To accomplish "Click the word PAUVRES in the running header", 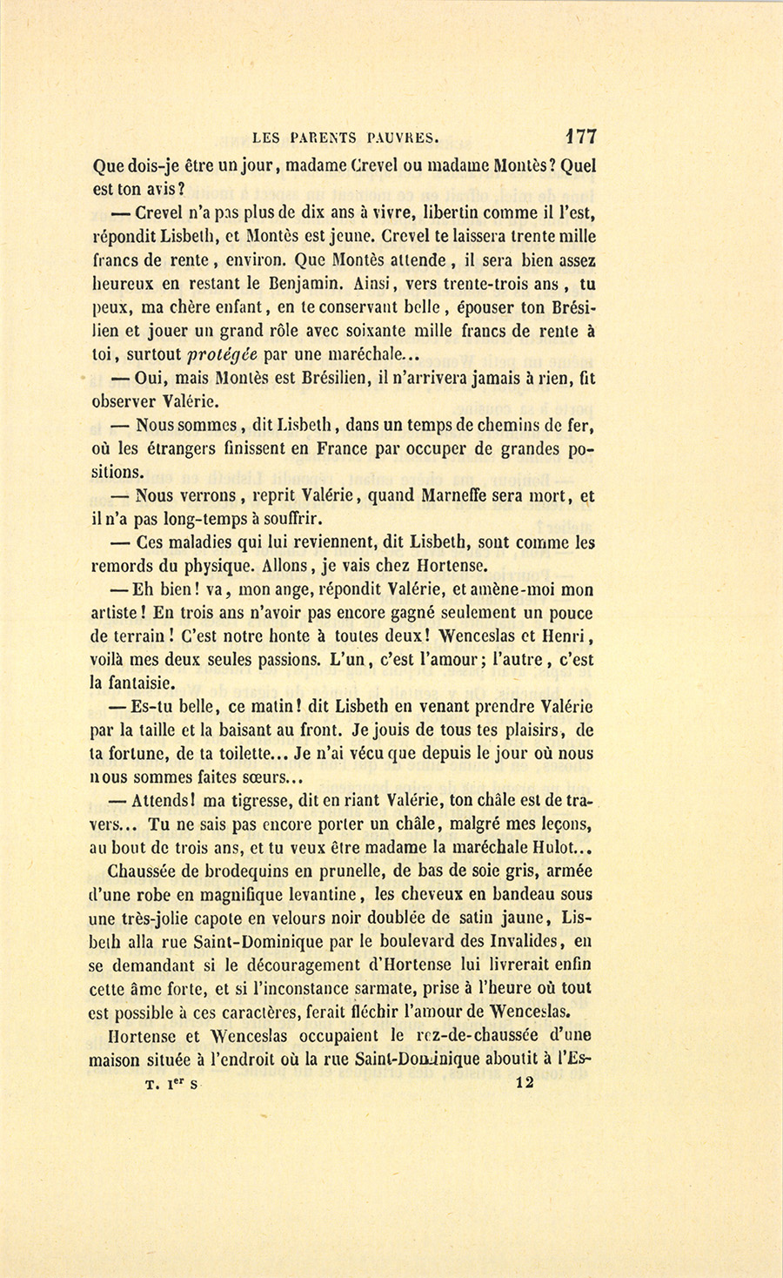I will coord(404,137).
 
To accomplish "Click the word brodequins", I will coord(244,871).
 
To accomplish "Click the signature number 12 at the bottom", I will coord(524,1083).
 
